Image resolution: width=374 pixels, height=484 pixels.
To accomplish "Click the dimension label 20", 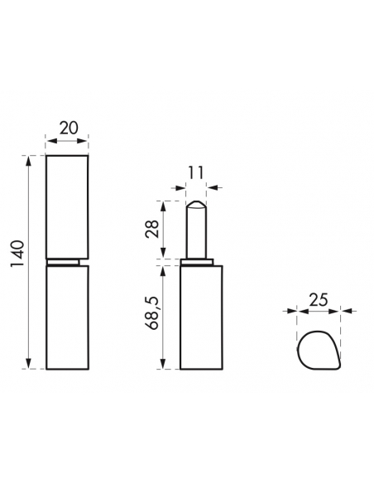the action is (69, 128).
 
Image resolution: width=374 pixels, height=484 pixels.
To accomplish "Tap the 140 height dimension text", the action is (17, 254).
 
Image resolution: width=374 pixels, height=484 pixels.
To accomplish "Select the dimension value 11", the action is (196, 173).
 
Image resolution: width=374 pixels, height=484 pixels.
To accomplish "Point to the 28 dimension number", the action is (152, 229).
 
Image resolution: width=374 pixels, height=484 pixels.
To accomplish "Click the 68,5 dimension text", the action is (152, 313).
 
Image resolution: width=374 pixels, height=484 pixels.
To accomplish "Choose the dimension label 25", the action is (319, 299).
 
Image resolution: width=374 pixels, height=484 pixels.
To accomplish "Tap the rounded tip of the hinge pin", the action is (196, 204).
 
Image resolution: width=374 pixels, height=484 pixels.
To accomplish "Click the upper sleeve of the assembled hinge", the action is (67, 207).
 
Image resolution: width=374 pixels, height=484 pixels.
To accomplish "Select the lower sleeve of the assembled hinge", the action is (68, 317).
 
